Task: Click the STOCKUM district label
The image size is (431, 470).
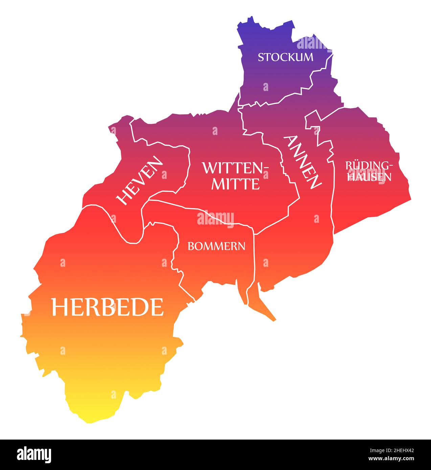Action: click(286, 57)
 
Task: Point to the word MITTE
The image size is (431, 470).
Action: click(235, 184)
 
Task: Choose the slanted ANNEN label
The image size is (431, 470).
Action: click(303, 162)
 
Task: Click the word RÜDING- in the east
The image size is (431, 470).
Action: click(369, 165)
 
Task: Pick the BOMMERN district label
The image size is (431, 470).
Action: click(217, 246)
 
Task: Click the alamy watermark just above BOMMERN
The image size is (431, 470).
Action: click(215, 218)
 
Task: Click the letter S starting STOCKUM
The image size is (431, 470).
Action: click(261, 57)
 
